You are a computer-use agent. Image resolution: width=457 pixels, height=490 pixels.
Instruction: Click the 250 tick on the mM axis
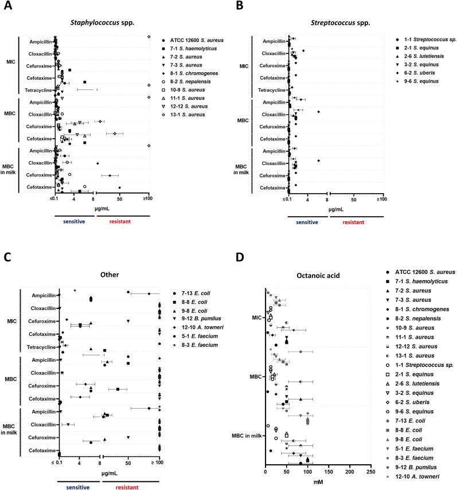[370, 472]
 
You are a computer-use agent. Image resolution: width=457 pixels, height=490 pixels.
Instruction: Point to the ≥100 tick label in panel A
[149, 199]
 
